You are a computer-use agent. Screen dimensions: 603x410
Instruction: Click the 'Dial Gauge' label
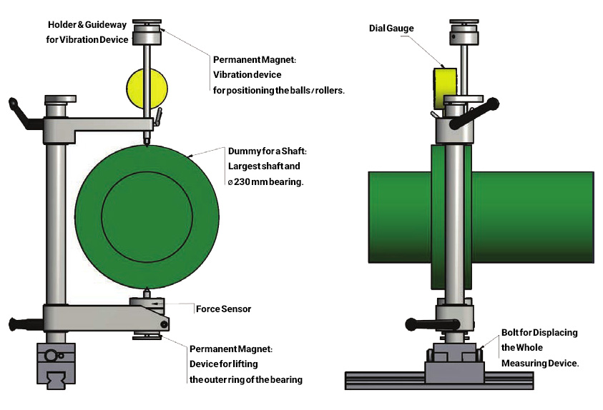(391, 29)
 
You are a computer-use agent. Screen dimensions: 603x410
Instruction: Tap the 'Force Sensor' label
(223, 309)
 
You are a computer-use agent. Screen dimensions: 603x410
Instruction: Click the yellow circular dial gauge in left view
(147, 89)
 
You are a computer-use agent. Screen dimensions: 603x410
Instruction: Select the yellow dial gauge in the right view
(445, 89)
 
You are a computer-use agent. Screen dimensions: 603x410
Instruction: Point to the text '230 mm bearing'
(268, 181)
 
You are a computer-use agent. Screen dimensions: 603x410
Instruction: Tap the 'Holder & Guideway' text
(87, 25)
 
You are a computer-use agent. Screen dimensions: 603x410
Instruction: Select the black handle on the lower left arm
(25, 324)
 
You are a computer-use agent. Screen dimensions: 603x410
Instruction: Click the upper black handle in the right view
(474, 114)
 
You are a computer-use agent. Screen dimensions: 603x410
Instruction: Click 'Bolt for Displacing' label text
(539, 332)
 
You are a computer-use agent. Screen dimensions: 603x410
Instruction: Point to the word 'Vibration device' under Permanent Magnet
(247, 75)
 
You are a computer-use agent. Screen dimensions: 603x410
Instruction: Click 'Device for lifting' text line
(223, 364)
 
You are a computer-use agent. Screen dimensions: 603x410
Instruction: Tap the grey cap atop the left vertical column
(60, 99)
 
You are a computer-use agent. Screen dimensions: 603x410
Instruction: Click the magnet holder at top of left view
(147, 33)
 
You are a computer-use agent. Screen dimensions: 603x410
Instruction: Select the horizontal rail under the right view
(438, 381)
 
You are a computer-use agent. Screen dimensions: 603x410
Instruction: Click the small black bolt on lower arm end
(165, 324)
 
